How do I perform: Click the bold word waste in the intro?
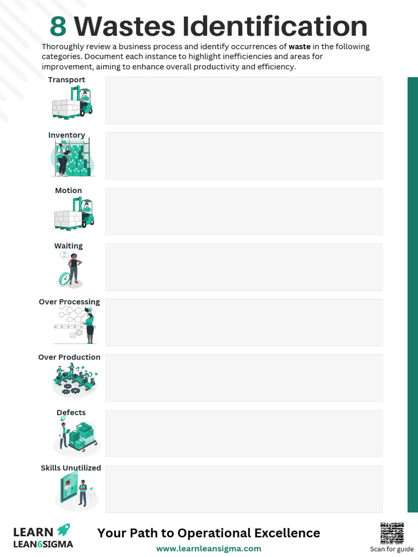299,47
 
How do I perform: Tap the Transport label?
66,80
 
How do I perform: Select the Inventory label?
66,135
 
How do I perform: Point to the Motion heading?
69,191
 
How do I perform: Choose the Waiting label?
69,246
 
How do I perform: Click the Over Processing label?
69,302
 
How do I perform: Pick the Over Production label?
69,357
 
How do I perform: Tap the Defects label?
71,413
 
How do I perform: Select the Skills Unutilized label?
71,468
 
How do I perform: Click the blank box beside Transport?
243,101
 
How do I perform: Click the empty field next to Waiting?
243,267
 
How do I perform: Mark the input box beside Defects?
243,434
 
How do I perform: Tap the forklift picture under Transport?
72,103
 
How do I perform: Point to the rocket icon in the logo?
64,529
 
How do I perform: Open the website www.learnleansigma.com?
208,549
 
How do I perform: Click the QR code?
392,534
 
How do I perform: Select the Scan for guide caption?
392,549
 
